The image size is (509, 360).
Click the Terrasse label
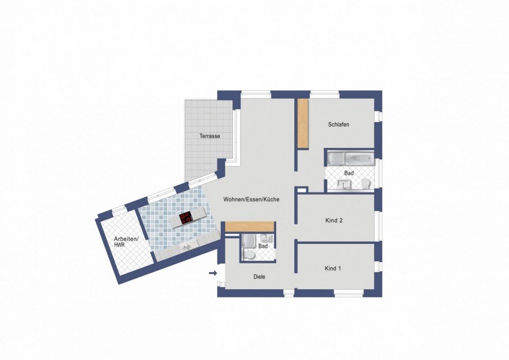click(210, 136)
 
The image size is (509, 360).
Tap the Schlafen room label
click(339, 125)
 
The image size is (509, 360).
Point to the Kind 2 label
click(334, 220)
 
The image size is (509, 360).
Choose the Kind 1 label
click(333, 269)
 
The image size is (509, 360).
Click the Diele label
click(259, 277)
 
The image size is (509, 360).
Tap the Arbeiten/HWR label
click(123, 242)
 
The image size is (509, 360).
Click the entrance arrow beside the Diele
click(213, 273)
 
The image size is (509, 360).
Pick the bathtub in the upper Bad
click(349, 159)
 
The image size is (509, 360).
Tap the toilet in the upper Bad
click(366, 183)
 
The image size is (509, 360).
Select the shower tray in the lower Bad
click(248, 241)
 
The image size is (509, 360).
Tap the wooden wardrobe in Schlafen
click(302, 123)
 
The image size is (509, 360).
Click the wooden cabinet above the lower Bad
click(251, 226)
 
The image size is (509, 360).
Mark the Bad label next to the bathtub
click(349, 173)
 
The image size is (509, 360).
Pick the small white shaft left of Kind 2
click(302, 190)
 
